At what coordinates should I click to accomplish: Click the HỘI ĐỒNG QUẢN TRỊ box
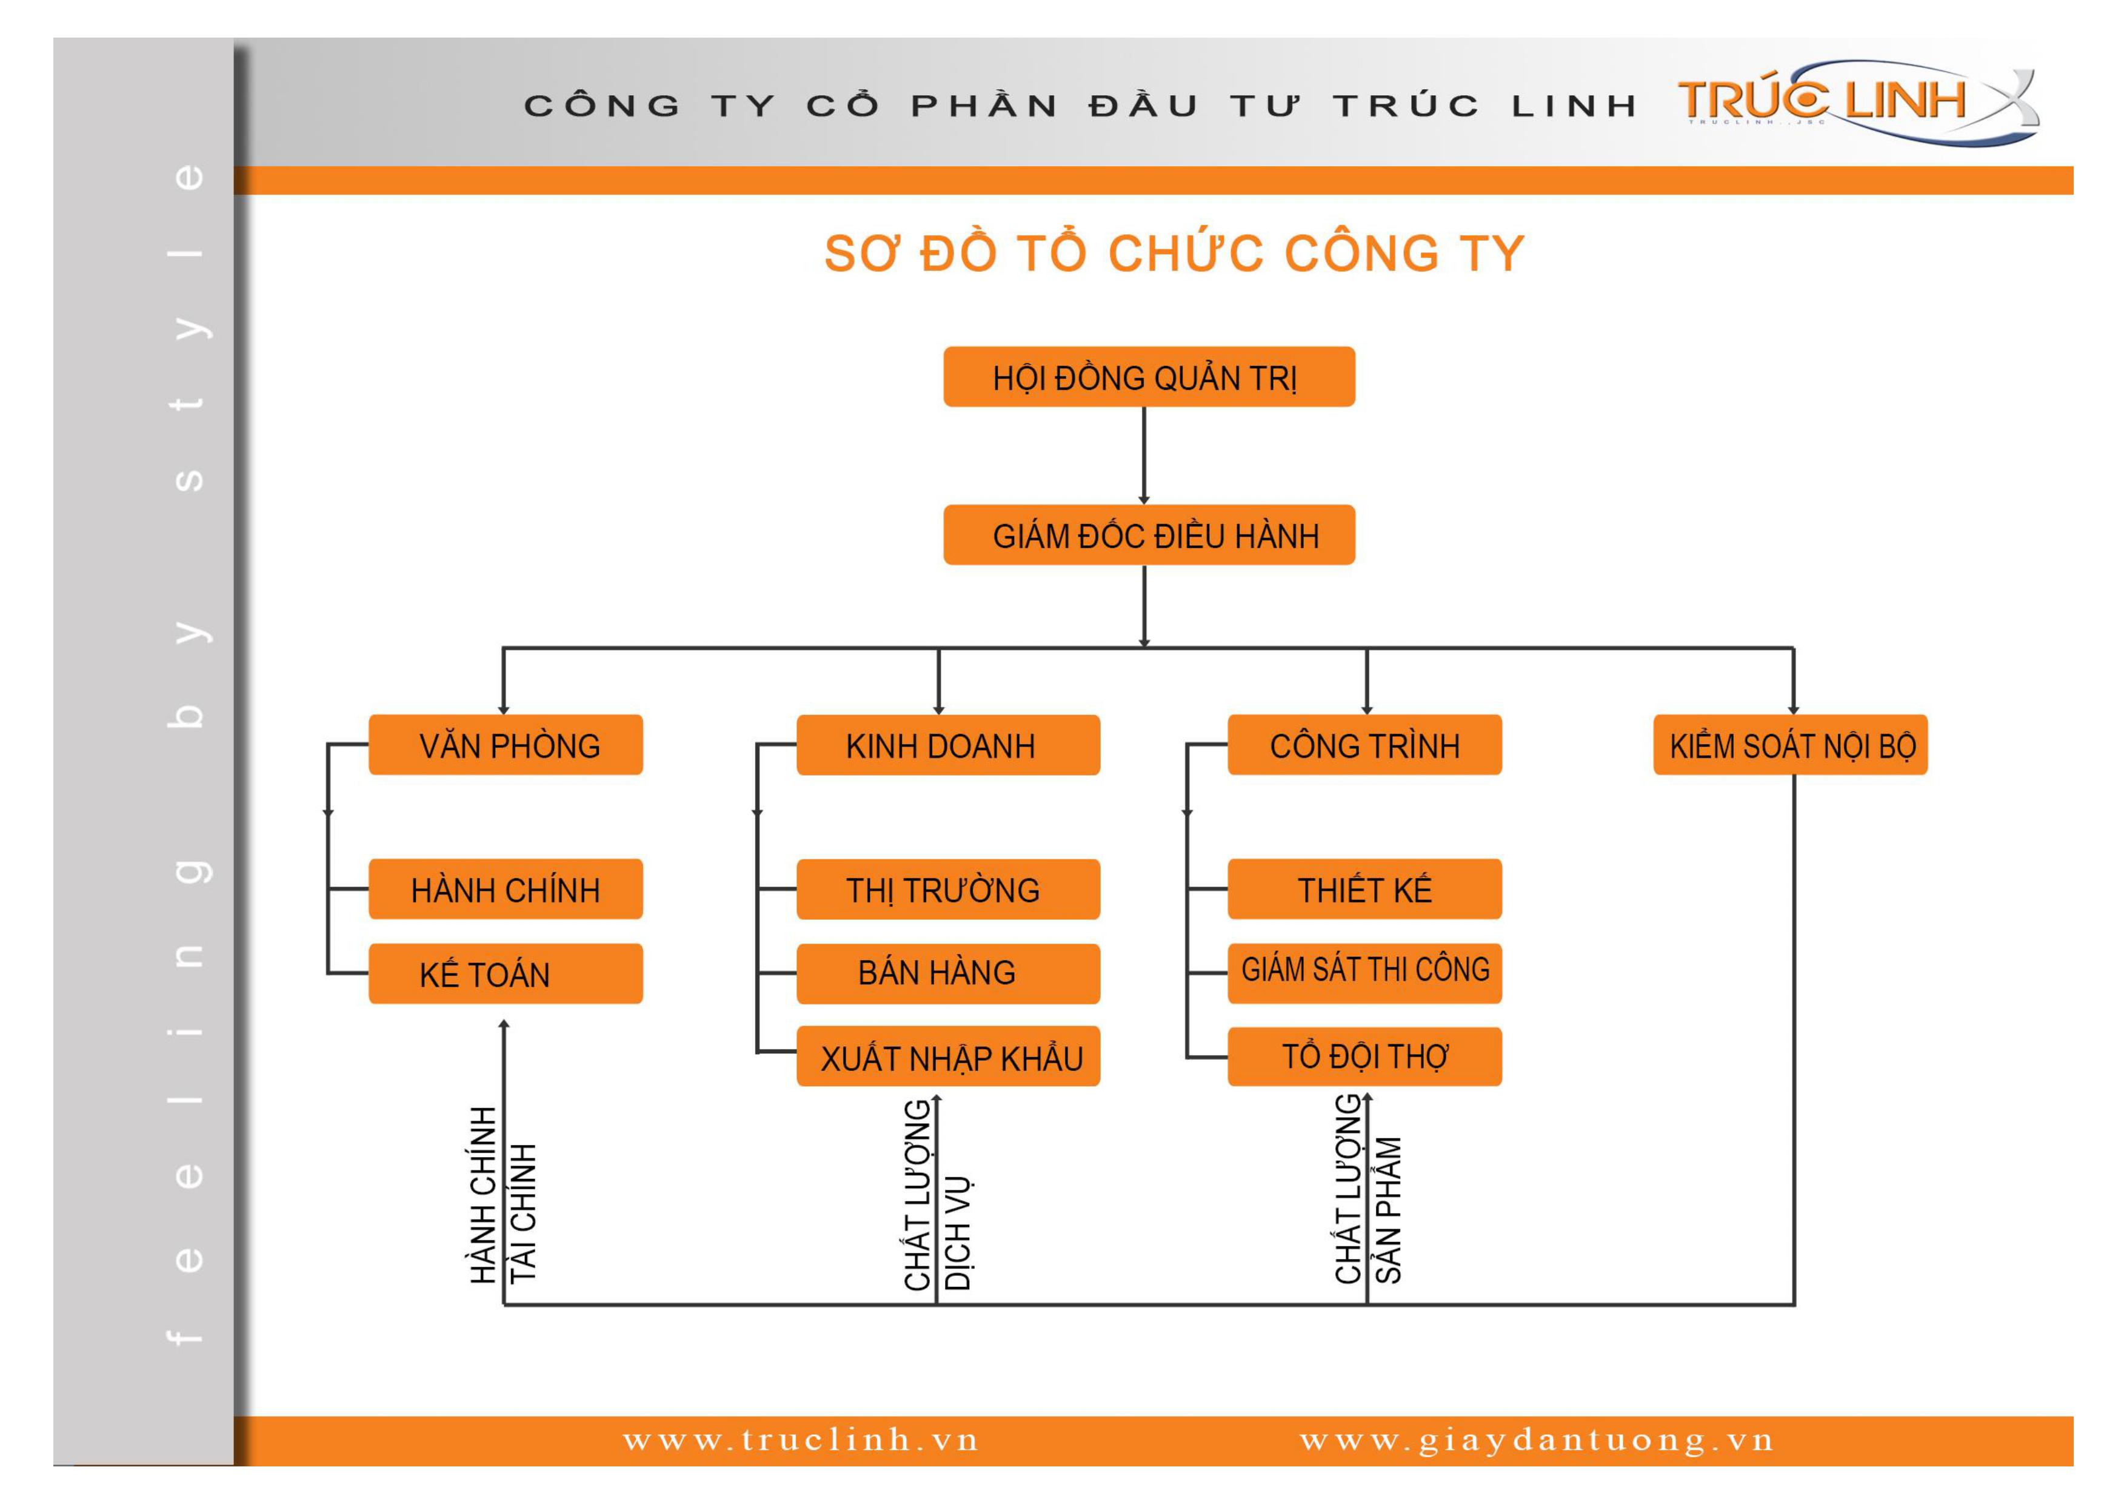pos(1149,376)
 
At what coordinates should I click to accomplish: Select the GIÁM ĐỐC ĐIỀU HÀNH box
pos(1149,535)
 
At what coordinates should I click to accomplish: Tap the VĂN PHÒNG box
pos(506,744)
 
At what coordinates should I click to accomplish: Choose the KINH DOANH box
pos(949,744)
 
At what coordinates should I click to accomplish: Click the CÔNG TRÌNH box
pos(1364,744)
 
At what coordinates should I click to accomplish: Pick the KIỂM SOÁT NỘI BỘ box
pos(1791,744)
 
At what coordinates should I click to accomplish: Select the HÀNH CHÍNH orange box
pos(506,888)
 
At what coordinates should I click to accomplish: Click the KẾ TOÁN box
pos(506,973)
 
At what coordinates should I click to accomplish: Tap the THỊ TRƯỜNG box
pos(949,888)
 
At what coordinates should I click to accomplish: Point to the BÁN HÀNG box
pos(949,973)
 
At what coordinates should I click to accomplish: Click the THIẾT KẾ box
pos(1364,888)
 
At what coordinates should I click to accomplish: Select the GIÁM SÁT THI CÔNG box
pos(1364,973)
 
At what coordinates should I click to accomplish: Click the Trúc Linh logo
pos(1857,102)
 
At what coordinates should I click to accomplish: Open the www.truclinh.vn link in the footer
pos(800,1439)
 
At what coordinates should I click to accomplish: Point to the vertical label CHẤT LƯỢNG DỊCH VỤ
pos(938,1195)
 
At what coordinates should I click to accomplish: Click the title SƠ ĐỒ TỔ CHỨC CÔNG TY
pos(1174,253)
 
